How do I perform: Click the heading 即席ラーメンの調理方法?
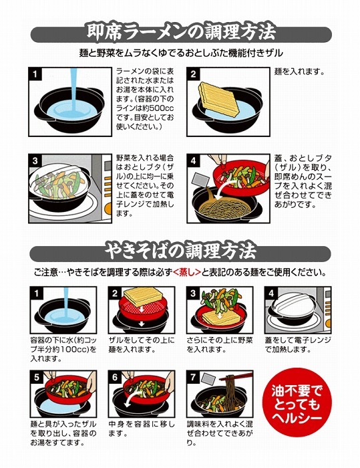(181, 31)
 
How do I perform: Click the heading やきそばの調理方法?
(180, 251)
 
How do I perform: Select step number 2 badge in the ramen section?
(194, 73)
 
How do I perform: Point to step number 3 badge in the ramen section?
(36, 160)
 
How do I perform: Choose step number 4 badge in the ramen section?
(194, 160)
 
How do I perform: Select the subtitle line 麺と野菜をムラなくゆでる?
(180, 51)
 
